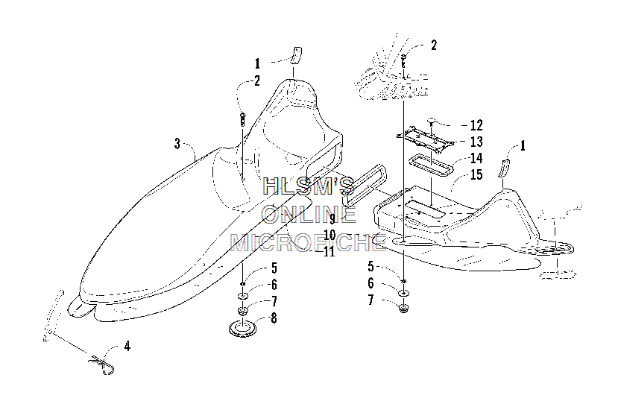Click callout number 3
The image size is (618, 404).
(x=177, y=144)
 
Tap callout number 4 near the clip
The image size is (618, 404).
(x=127, y=347)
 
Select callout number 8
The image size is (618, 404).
(x=274, y=318)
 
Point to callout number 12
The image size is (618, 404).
(x=476, y=125)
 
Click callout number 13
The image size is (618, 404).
(x=476, y=142)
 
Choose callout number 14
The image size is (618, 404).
(x=476, y=158)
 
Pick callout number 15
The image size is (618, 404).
(x=476, y=174)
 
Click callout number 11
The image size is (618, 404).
(x=329, y=251)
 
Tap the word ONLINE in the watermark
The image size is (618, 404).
(x=309, y=215)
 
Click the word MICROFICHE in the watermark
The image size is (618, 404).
(x=308, y=242)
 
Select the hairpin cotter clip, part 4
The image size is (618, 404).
(x=102, y=364)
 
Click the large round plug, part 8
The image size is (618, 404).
(x=242, y=328)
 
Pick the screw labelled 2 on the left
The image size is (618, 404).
(x=242, y=119)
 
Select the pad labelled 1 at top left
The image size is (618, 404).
(x=297, y=55)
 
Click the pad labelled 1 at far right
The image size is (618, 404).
(x=505, y=168)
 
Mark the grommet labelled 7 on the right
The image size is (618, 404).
(x=403, y=307)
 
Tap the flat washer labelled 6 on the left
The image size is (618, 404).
(x=243, y=296)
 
